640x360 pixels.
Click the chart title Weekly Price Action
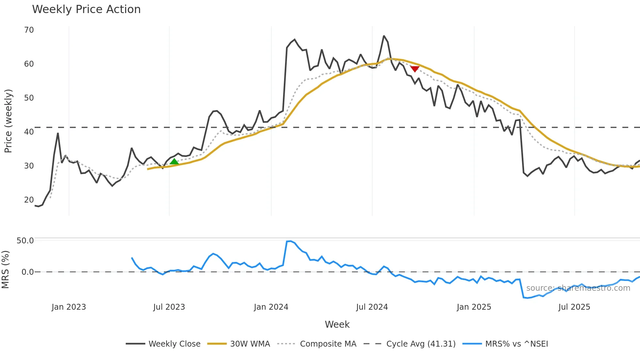pyautogui.click(x=86, y=9)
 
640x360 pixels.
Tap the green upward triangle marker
pyautogui.click(x=174, y=162)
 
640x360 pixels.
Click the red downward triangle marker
pyautogui.click(x=415, y=69)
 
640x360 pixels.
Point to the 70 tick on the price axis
pyautogui.click(x=29, y=30)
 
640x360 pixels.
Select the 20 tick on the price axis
pyautogui.click(x=29, y=200)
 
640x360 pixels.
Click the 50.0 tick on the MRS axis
pyautogui.click(x=25, y=241)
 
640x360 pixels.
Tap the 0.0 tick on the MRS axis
pyautogui.click(x=27, y=272)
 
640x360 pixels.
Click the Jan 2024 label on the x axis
pyautogui.click(x=271, y=307)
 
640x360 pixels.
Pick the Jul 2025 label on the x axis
pyautogui.click(x=574, y=307)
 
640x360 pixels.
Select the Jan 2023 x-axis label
pyautogui.click(x=69, y=307)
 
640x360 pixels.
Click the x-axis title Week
pyautogui.click(x=337, y=324)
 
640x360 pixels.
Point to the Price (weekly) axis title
pyautogui.click(x=8, y=121)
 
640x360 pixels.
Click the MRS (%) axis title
pyautogui.click(x=6, y=270)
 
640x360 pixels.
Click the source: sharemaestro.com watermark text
pyautogui.click(x=578, y=288)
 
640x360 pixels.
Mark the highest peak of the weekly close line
pyautogui.click(x=384, y=36)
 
